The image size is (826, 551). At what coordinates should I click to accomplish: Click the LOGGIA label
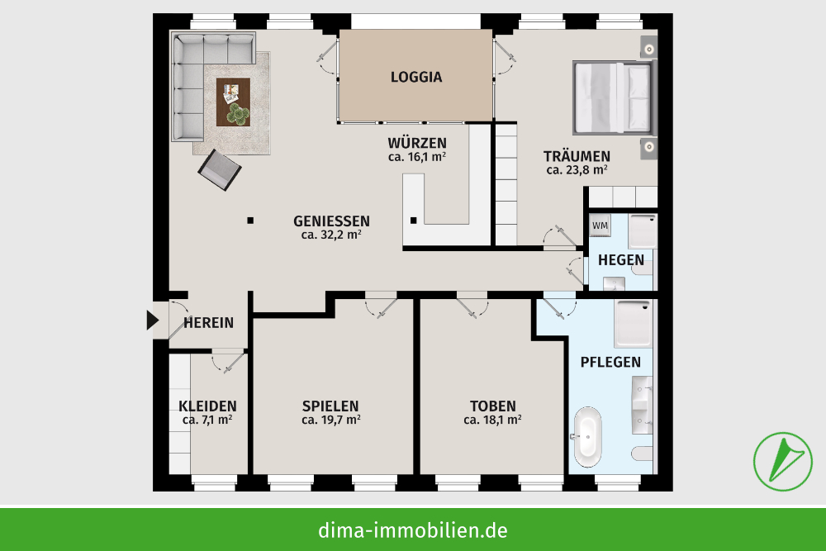tap(416, 77)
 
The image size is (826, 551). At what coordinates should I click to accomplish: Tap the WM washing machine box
tap(600, 225)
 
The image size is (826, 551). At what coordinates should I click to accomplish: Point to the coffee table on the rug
tap(233, 102)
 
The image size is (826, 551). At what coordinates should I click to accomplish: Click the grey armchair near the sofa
tap(219, 169)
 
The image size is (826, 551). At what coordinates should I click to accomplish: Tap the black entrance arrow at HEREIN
tap(152, 320)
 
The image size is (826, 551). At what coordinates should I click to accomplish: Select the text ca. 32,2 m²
tap(331, 235)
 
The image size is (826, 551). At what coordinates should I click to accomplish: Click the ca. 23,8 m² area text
tap(577, 170)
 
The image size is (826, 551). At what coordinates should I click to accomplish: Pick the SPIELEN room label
tap(330, 406)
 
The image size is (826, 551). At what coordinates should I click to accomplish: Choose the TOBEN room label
tap(492, 406)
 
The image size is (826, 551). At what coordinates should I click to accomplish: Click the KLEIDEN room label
tap(207, 406)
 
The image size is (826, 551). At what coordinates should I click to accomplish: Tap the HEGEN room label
tap(621, 259)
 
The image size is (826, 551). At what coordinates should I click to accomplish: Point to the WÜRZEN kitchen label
tap(417, 142)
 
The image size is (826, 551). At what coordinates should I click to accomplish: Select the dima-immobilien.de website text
tap(413, 530)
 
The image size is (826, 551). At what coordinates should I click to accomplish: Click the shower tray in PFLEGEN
tap(634, 323)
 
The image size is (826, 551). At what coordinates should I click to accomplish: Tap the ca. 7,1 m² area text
tap(207, 420)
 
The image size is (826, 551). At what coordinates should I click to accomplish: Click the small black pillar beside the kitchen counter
tap(414, 220)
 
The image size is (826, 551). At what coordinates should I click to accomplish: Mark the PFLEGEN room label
tap(610, 362)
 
